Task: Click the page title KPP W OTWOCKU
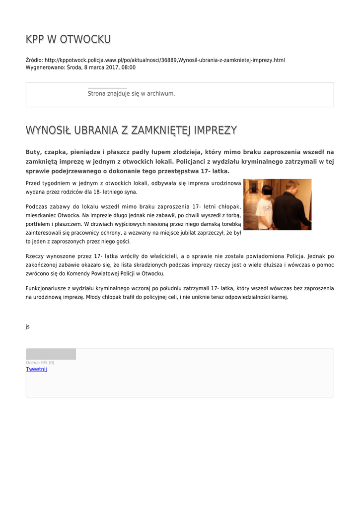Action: pyautogui.click(x=68, y=39)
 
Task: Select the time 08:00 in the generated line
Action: pyautogui.click(x=128, y=67)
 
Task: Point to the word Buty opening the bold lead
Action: pyautogui.click(x=33, y=152)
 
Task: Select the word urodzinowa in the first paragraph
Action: pyautogui.click(x=225, y=183)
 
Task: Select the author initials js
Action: pyautogui.click(x=28, y=326)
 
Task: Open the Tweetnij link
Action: pyautogui.click(x=36, y=369)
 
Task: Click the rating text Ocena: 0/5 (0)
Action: pyautogui.click(x=40, y=363)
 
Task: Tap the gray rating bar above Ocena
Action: pyautogui.click(x=51, y=354)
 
